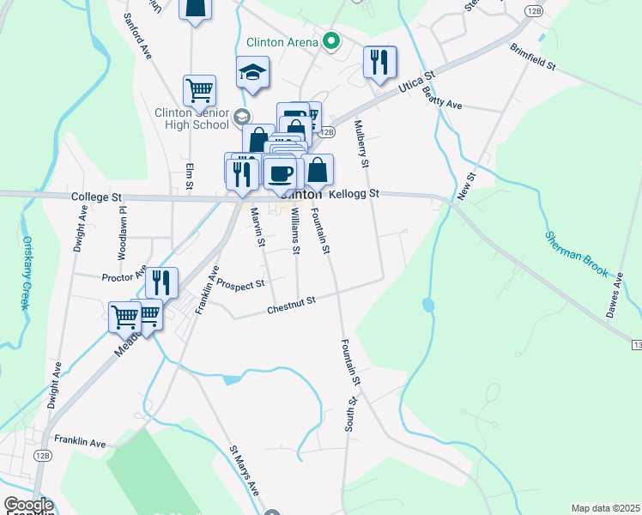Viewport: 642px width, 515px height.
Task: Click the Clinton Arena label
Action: pyautogui.click(x=282, y=41)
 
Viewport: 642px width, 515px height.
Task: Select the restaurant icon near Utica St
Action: pyautogui.click(x=379, y=62)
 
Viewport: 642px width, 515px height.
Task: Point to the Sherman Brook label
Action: pyautogui.click(x=578, y=254)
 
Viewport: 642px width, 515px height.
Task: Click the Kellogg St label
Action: pyautogui.click(x=354, y=195)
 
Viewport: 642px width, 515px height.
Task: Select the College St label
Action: pyautogui.click(x=95, y=197)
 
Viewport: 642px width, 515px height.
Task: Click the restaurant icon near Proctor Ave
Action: pyautogui.click(x=161, y=282)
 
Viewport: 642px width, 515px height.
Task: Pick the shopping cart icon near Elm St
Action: pyautogui.click(x=198, y=89)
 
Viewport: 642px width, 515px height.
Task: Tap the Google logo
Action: pyautogui.click(x=27, y=506)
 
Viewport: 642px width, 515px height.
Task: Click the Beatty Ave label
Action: pyautogui.click(x=442, y=104)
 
